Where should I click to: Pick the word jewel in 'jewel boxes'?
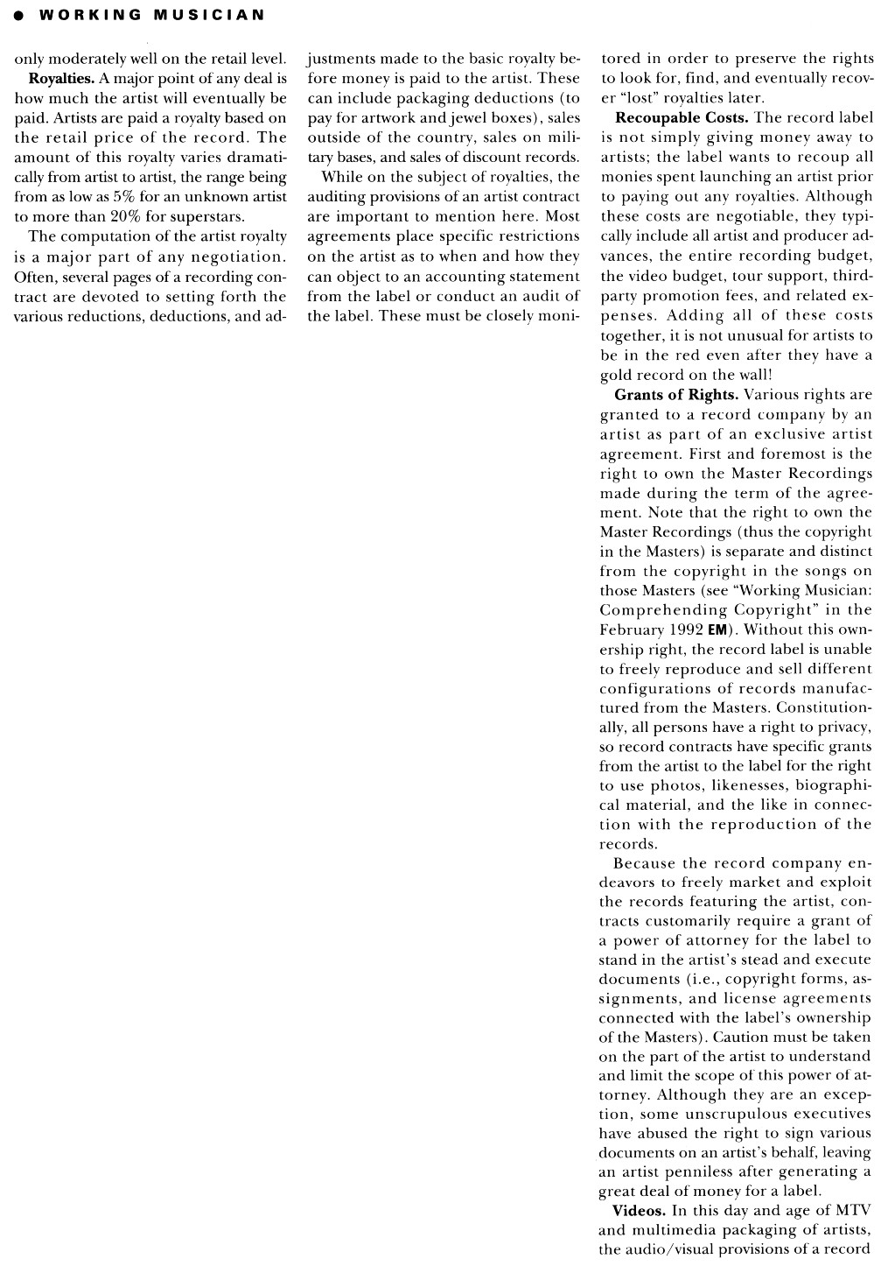tap(442, 117)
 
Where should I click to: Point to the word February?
tap(629, 630)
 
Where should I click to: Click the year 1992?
tap(687, 630)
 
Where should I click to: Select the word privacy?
tap(844, 728)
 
